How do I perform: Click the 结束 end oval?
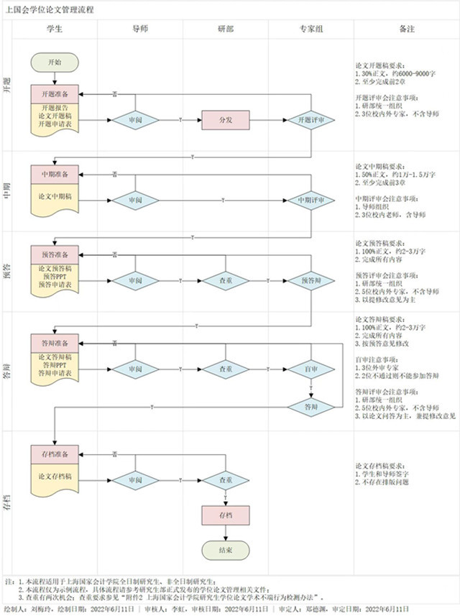[226, 550]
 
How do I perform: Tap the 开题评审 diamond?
[310, 120]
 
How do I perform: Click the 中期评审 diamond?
[310, 200]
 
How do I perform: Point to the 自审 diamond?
[310, 369]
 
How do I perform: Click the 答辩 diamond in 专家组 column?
[310, 407]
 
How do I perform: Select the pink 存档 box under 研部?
[226, 515]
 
